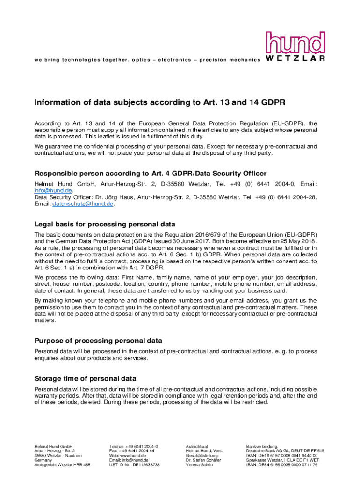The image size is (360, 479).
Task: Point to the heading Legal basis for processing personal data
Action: click(x=105, y=224)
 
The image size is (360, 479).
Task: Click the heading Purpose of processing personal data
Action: click(x=99, y=341)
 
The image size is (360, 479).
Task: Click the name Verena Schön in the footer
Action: click(x=199, y=465)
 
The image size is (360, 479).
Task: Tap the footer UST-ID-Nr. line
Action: click(x=134, y=465)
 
